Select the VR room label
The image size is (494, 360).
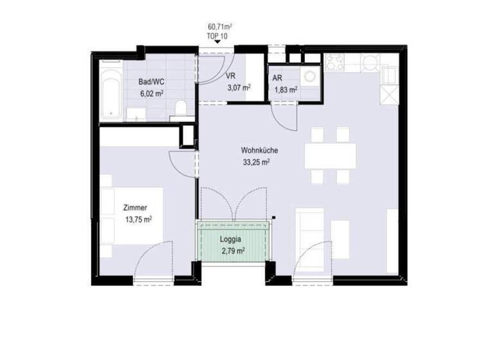[231, 76]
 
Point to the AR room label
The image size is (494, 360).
[278, 78]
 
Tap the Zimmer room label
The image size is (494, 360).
[135, 208]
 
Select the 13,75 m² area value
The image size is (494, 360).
[138, 219]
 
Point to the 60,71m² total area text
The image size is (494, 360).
[220, 26]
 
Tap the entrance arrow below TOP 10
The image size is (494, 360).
[217, 44]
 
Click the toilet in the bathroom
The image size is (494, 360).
[180, 107]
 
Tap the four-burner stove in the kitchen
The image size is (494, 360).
[334, 62]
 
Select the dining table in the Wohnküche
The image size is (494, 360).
[330, 155]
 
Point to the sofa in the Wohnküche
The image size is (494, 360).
[310, 232]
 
